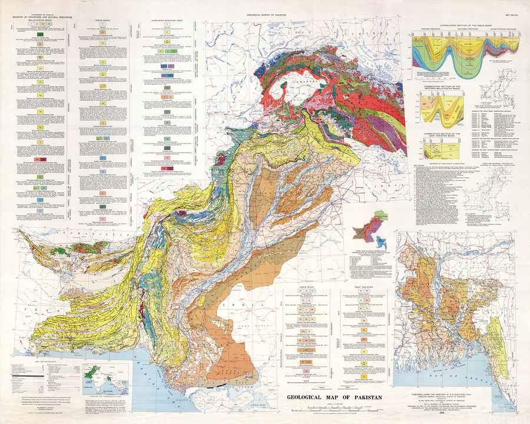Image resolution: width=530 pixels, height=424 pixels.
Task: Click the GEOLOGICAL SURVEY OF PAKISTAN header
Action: click(264, 4)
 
